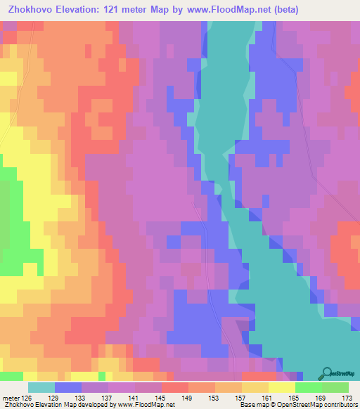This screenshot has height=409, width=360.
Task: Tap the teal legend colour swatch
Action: point(41,387)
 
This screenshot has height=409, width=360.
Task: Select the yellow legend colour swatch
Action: point(281,387)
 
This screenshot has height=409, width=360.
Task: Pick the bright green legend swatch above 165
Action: point(308,387)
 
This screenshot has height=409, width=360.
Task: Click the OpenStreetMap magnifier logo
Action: point(328,374)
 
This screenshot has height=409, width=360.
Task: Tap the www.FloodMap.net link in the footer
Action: point(146,405)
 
